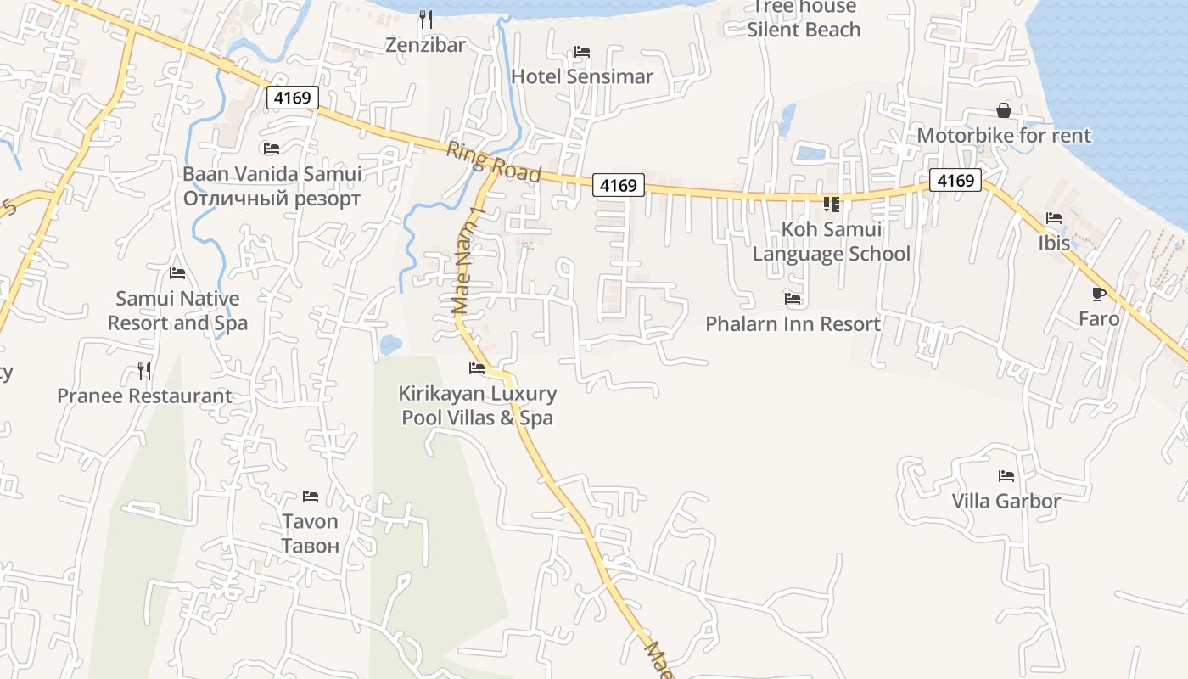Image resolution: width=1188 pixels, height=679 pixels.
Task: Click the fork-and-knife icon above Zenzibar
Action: pos(426,19)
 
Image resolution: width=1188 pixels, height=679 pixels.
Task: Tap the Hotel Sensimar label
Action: pos(582,76)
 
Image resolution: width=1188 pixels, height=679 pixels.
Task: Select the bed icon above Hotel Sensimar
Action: pos(582,52)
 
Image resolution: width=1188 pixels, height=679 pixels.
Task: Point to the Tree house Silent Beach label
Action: pos(804,19)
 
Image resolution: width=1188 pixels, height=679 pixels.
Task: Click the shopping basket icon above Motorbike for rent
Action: pos(1004,110)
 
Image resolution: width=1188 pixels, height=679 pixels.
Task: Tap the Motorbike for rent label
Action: pos(1004,136)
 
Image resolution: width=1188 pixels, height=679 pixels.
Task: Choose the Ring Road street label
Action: pos(493,161)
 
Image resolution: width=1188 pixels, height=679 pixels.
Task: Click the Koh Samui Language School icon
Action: pos(832,204)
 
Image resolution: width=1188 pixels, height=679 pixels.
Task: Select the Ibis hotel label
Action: pos(1054,244)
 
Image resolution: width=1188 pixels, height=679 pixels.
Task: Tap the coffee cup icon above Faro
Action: pos(1099,295)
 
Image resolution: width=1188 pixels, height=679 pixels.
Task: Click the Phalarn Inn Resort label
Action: pos(793,324)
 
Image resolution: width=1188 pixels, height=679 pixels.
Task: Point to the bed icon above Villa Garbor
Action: pos(1006,476)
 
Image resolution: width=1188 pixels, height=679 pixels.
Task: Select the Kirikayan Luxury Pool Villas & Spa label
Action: pos(478,406)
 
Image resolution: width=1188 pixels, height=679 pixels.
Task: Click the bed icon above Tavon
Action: pos(311,497)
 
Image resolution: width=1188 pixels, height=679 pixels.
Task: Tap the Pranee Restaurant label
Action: pos(144,396)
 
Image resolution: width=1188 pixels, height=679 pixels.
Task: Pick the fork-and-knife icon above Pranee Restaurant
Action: pos(144,371)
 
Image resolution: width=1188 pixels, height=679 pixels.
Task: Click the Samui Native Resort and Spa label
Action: pos(177,311)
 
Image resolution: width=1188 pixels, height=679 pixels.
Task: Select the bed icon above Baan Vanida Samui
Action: pos(272,149)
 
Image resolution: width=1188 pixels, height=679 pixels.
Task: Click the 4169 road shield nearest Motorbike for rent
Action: pos(955,180)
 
